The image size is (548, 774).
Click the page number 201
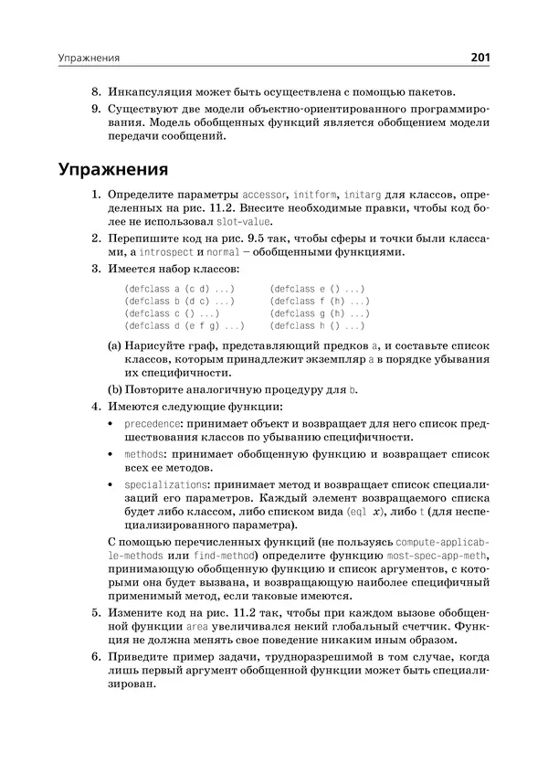(x=479, y=59)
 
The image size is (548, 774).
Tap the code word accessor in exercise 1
(x=265, y=196)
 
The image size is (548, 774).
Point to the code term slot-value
(x=244, y=222)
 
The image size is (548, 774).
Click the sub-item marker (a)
(x=115, y=345)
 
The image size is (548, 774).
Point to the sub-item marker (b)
(x=115, y=390)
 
